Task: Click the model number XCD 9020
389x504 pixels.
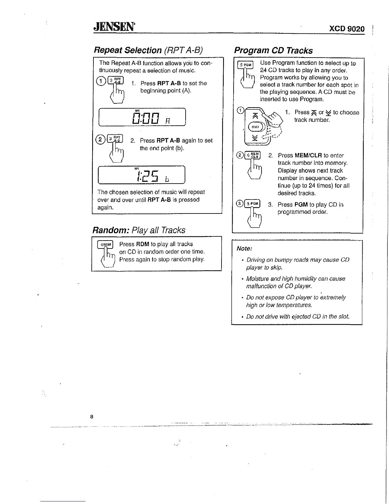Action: pyautogui.click(x=347, y=29)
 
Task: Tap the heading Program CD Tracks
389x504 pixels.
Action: pyautogui.click(x=273, y=51)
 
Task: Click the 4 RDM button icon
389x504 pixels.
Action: pyautogui.click(x=106, y=244)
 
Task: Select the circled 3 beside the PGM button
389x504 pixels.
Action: pyautogui.click(x=239, y=204)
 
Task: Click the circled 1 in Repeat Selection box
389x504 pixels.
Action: pyautogui.click(x=100, y=81)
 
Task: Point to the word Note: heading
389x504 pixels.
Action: pyautogui.click(x=244, y=248)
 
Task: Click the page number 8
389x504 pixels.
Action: pyautogui.click(x=92, y=416)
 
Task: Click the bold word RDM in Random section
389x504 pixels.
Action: pyautogui.click(x=143, y=244)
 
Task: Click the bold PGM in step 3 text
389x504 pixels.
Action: pyautogui.click(x=301, y=205)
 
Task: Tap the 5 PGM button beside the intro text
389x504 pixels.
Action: pyautogui.click(x=246, y=65)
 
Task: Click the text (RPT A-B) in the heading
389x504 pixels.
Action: pyautogui.click(x=183, y=50)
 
